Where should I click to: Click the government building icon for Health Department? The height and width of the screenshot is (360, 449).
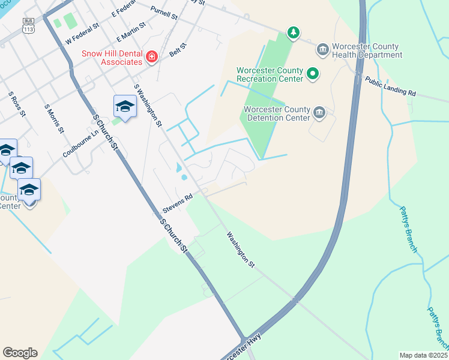coord(322,49)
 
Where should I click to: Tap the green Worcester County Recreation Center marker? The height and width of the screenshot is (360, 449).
coord(313,74)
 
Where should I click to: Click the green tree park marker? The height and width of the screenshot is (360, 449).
coord(293,32)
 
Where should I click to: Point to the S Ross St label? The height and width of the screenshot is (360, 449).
coord(16,104)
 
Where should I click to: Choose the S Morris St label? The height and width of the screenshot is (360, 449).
coord(53,118)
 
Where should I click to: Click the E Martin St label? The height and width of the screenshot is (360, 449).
coord(131,32)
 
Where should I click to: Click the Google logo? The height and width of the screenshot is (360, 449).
coord(20,353)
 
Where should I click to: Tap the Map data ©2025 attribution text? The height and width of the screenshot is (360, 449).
coord(423,355)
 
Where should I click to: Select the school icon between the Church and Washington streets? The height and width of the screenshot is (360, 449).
coord(124,106)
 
